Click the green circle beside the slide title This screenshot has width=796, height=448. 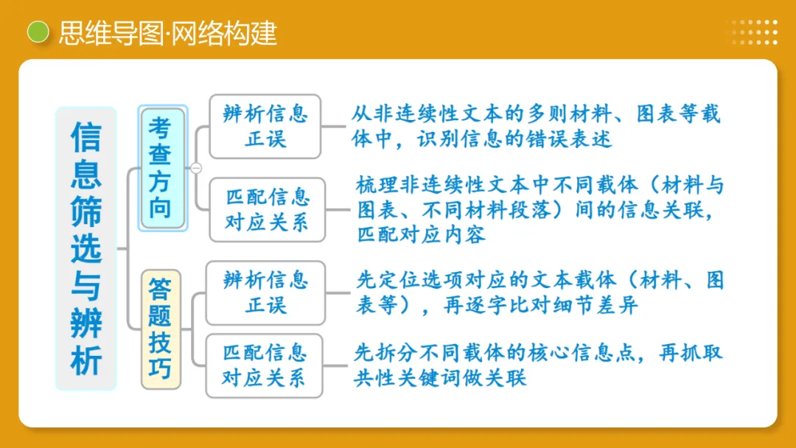coord(38,32)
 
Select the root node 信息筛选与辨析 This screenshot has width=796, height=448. coord(86,248)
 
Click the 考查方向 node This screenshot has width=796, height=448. coord(162,168)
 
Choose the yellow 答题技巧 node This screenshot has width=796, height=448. coord(161,329)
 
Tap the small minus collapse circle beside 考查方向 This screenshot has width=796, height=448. coord(196,168)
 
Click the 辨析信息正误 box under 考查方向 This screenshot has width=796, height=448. coord(265,126)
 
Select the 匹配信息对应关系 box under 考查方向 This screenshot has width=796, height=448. coord(267,209)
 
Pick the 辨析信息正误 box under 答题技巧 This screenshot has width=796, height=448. coord(265,293)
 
